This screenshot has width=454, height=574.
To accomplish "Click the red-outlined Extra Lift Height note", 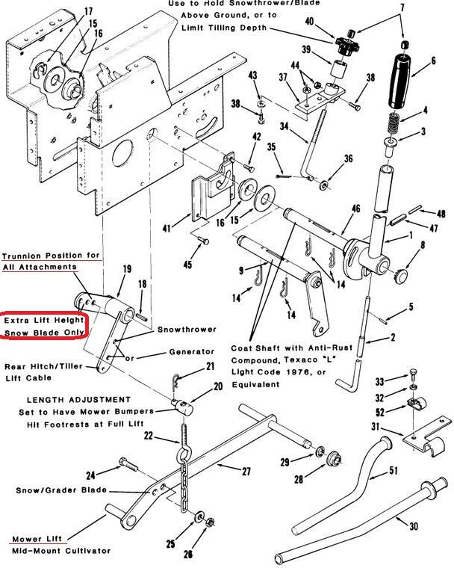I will tap(44, 326).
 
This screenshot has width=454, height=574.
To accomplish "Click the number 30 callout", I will tap(413, 525).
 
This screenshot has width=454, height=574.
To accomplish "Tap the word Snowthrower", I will tap(186, 329).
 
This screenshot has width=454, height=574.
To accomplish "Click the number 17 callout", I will tap(89, 11).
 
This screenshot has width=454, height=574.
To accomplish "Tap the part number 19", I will tap(128, 268).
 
